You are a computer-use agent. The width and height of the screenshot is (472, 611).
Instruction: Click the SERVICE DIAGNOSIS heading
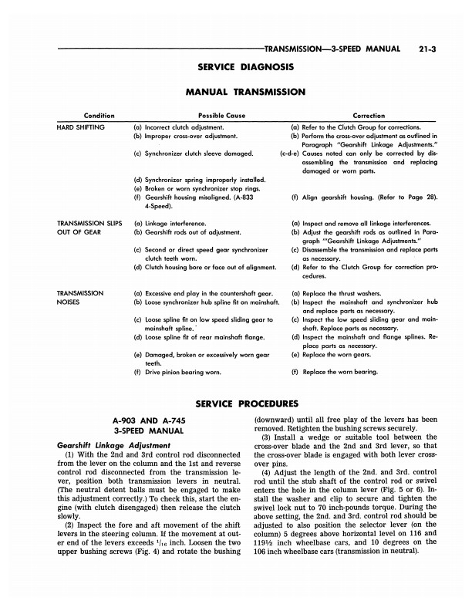click(235, 66)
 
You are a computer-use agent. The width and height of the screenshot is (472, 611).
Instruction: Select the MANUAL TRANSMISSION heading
click(235, 92)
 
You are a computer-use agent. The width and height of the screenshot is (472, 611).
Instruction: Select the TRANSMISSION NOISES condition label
click(80, 299)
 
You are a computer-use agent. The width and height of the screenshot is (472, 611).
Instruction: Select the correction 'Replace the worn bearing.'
click(339, 372)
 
